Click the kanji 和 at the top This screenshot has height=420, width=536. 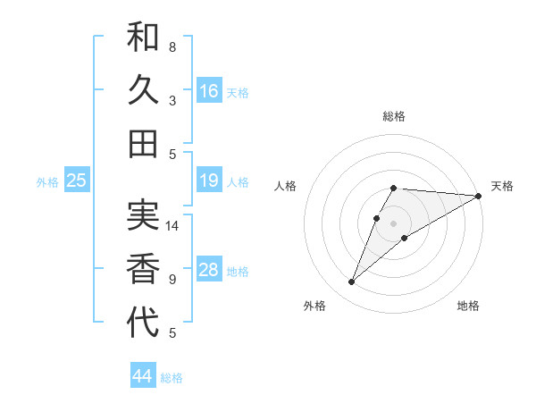tap(144, 38)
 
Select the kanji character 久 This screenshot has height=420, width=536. tap(144, 90)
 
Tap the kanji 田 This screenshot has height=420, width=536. tap(144, 143)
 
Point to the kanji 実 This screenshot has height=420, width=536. tap(144, 216)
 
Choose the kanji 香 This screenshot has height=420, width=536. tap(144, 269)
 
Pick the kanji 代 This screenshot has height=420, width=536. tap(144, 322)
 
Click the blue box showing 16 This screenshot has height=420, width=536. tap(209, 91)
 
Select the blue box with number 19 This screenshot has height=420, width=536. tap(209, 181)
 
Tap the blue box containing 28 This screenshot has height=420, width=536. tap(209, 271)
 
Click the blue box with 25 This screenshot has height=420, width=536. tap(77, 181)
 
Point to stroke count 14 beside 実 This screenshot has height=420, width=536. tap(173, 226)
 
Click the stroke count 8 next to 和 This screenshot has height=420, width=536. tap(172, 46)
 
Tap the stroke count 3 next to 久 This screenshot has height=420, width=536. tap(172, 100)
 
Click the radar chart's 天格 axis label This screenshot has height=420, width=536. tap(502, 186)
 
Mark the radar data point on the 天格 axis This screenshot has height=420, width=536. tap(478, 196)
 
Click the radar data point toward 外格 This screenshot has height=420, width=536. tap(351, 282)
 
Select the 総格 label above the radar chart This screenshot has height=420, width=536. tap(394, 116)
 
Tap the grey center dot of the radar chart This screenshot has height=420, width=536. tap(393, 223)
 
